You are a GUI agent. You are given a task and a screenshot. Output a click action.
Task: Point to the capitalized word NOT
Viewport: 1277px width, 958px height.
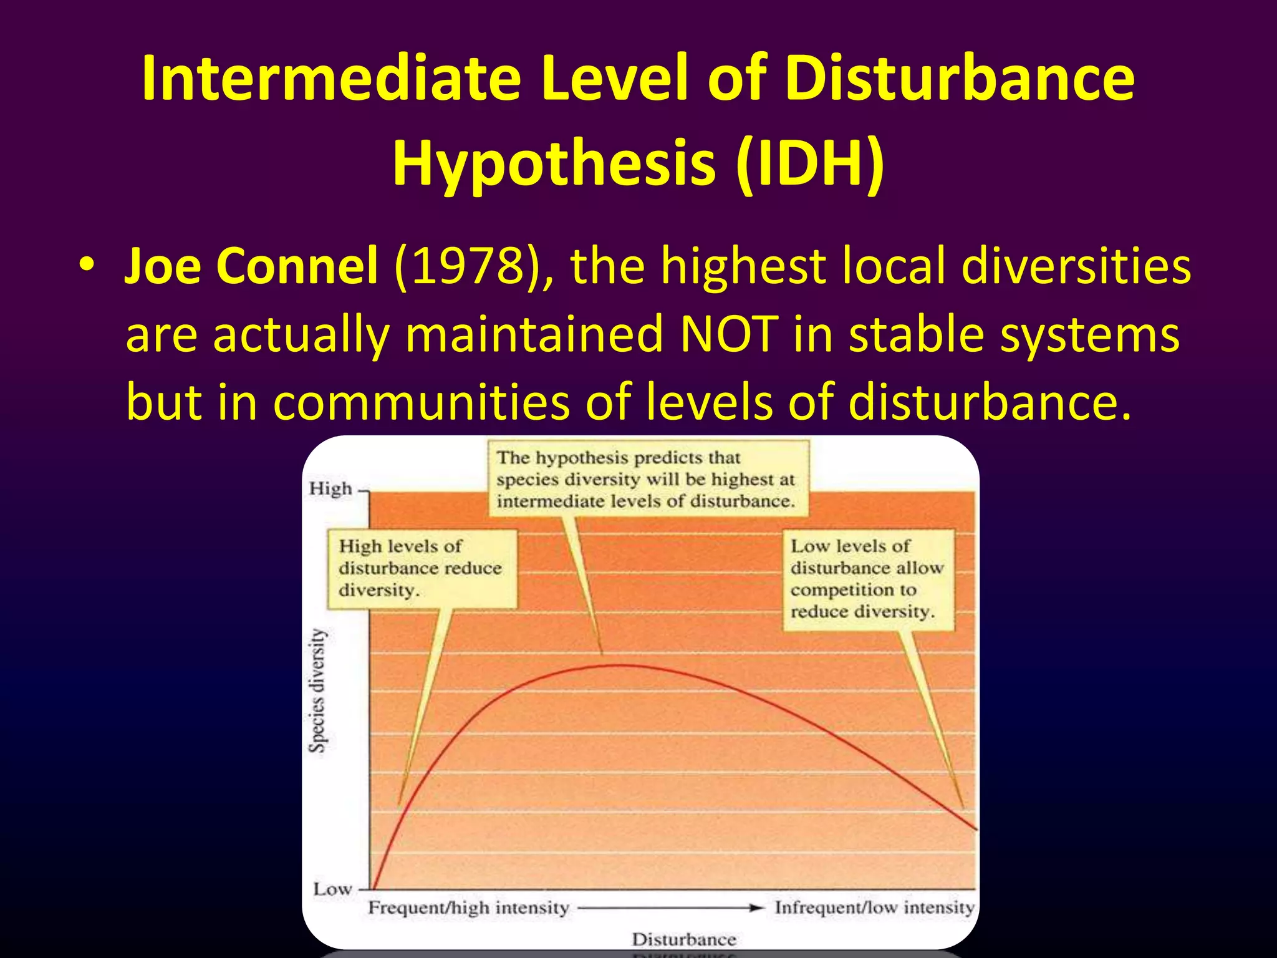[x=729, y=334]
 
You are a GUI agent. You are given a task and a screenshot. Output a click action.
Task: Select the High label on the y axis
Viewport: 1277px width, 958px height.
[x=330, y=488]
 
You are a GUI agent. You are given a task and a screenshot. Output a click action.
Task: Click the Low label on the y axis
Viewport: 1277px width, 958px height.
[x=332, y=889]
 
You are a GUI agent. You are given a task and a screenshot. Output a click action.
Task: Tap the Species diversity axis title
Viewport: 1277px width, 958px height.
[x=317, y=690]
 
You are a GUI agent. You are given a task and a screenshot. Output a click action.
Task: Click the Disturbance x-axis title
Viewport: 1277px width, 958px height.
[x=684, y=939]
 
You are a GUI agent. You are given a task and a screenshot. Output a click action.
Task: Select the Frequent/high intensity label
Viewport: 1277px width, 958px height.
[x=468, y=907]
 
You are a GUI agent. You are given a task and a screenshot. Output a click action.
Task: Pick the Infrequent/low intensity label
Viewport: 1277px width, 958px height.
[x=874, y=907]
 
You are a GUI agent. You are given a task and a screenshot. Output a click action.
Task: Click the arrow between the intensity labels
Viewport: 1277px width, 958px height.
[x=670, y=908]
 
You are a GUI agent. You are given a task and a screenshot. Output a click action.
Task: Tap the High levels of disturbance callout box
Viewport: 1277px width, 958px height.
[x=422, y=568]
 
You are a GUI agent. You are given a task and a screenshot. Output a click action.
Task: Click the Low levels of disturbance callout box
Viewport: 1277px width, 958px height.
[x=868, y=579]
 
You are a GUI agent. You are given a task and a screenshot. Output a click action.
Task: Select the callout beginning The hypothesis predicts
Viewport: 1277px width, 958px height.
[x=647, y=479]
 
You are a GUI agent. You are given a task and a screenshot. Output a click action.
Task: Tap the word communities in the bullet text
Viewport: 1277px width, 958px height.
[x=422, y=402]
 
